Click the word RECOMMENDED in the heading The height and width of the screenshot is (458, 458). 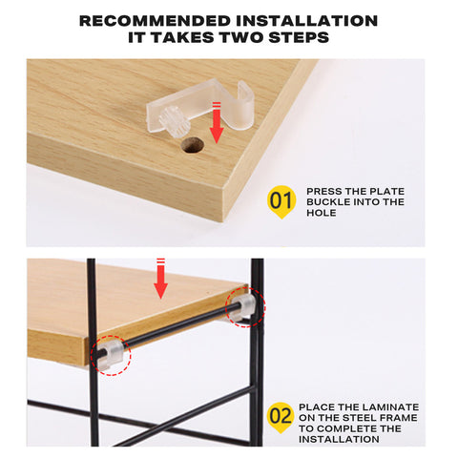click(x=139, y=20)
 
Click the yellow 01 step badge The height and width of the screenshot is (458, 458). click(x=280, y=202)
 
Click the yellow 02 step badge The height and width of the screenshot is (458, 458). click(x=280, y=415)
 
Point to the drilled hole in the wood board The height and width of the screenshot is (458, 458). click(x=194, y=146)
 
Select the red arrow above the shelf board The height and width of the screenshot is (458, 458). click(x=160, y=278)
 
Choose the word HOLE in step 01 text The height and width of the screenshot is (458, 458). click(x=323, y=212)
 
